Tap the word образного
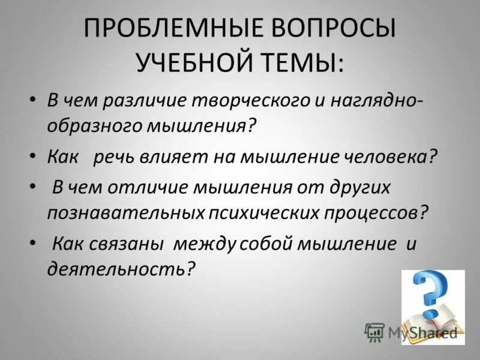click(91, 127)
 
